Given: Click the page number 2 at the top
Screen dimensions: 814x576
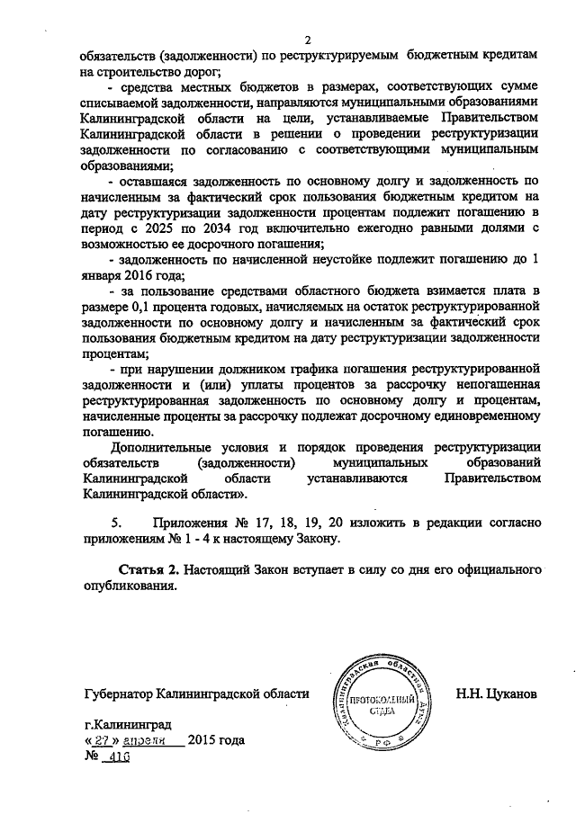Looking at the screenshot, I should [307, 40].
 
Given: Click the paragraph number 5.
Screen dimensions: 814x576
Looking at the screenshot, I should [114, 522].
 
